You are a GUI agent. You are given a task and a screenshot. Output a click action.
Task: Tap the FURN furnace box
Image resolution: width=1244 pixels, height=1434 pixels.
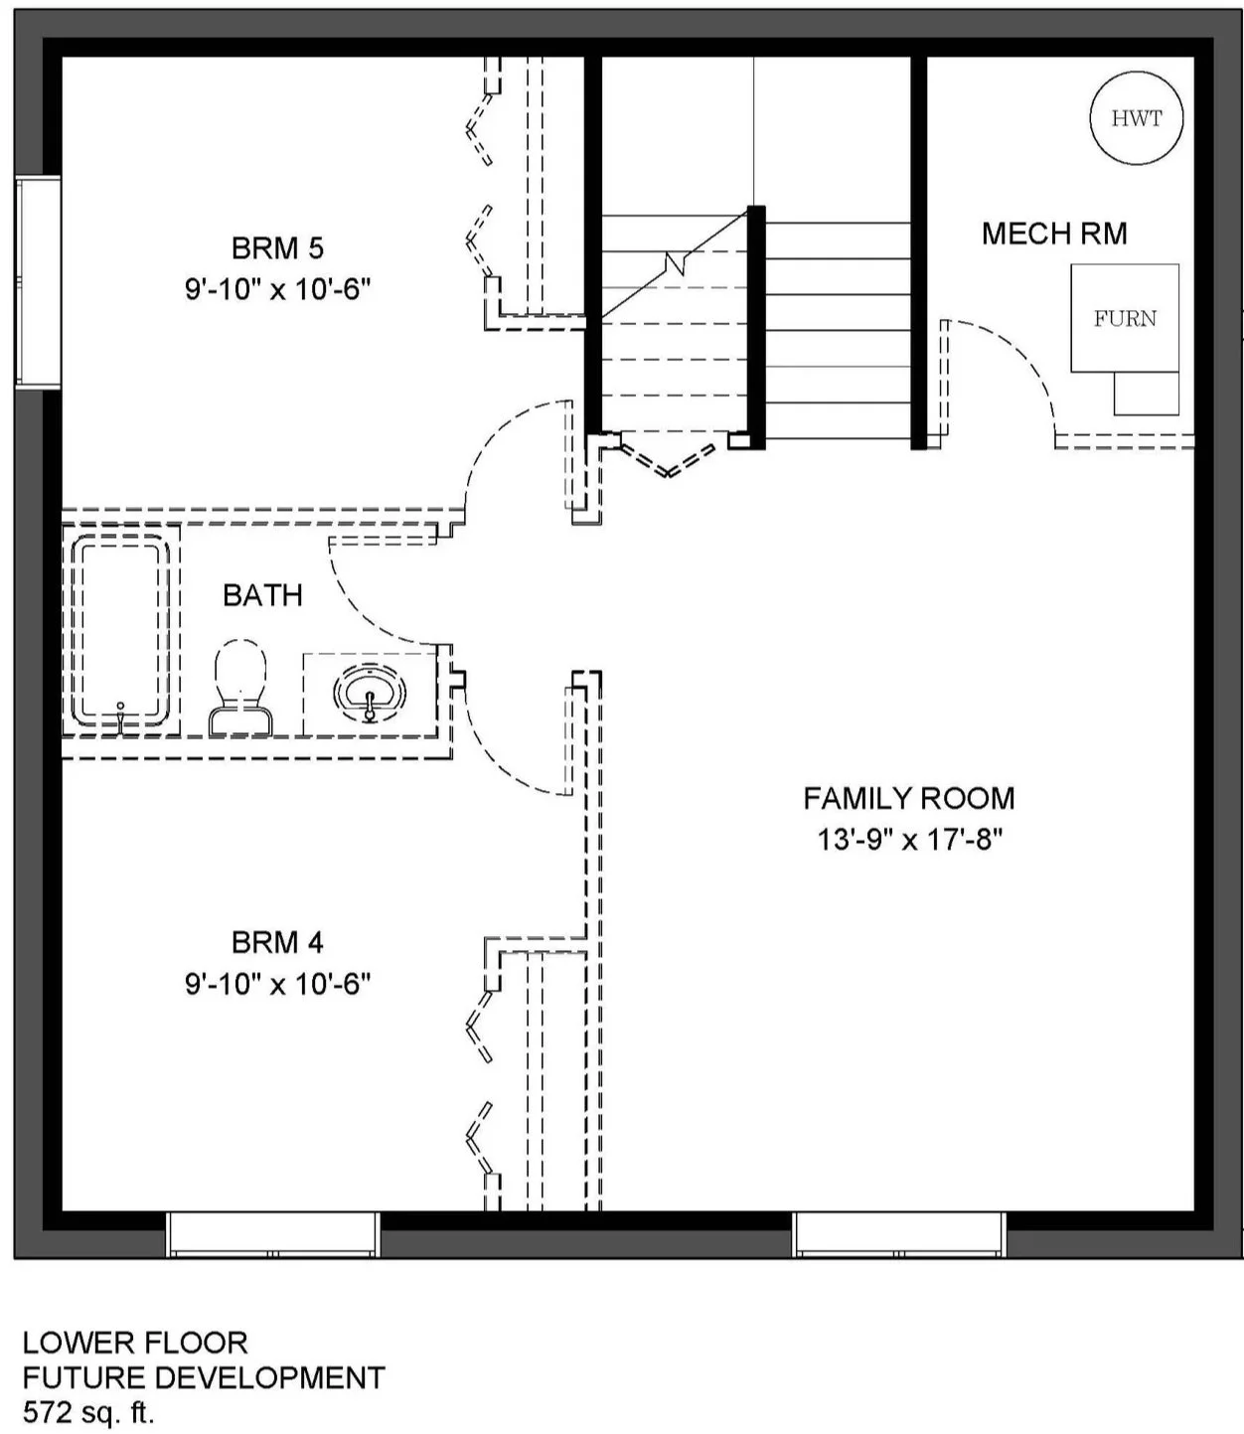[1124, 317]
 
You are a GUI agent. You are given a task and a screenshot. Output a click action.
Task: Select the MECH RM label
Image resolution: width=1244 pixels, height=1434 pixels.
[1054, 234]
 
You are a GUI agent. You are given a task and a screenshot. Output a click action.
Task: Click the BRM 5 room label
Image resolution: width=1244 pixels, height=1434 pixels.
[277, 248]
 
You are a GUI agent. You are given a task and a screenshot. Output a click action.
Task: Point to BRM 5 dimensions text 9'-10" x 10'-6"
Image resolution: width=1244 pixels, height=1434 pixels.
[277, 289]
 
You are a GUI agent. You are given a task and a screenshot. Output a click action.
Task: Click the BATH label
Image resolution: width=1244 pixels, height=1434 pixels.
[263, 595]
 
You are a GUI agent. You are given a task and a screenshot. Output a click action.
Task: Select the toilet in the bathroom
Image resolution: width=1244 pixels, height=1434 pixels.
[240, 687]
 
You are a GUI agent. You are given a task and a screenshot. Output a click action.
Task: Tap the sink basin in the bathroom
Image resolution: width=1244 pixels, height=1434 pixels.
[370, 694]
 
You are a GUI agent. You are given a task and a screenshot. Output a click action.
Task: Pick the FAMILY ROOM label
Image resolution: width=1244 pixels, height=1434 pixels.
[909, 798]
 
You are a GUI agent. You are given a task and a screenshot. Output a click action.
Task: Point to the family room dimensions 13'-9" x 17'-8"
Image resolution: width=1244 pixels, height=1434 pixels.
[910, 839]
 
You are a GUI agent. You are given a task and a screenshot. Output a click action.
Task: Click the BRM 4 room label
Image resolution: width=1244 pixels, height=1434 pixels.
[277, 943]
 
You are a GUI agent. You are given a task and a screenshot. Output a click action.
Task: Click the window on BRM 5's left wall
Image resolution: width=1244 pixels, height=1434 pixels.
[38, 282]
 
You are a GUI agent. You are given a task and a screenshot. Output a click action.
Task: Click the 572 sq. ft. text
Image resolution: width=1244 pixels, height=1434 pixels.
[88, 1411]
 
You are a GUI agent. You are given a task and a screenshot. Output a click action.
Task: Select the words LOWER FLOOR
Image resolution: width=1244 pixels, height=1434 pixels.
[135, 1343]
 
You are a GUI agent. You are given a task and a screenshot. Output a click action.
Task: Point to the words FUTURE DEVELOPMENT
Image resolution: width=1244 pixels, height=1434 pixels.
[204, 1377]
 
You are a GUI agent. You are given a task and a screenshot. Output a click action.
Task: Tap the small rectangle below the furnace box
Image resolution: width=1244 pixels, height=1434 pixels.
[1147, 394]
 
